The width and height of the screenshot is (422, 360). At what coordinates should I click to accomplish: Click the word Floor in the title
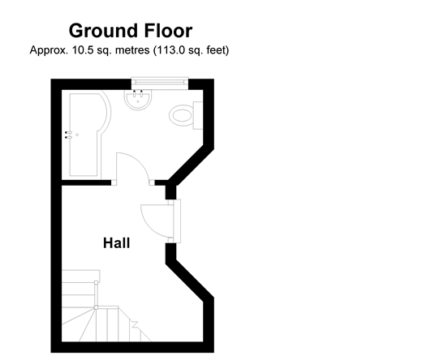[168, 30]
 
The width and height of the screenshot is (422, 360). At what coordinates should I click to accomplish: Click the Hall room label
[117, 243]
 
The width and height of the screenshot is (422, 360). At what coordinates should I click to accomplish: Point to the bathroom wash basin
[138, 100]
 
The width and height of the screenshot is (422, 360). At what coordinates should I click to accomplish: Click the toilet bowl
[181, 115]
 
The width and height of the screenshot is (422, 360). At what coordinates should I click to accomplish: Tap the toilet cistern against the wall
[198, 115]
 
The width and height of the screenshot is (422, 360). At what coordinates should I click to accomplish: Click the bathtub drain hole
[77, 135]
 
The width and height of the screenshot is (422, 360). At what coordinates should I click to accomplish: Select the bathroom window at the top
[160, 83]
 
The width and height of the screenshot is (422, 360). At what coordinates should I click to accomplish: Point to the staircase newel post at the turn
[96, 307]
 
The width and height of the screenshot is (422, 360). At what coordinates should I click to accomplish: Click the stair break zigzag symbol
[135, 324]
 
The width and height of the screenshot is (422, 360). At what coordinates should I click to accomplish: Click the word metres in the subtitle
[132, 50]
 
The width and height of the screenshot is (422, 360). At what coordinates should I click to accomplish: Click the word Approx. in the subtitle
[49, 50]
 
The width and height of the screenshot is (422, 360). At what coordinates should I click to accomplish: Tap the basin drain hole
[138, 102]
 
